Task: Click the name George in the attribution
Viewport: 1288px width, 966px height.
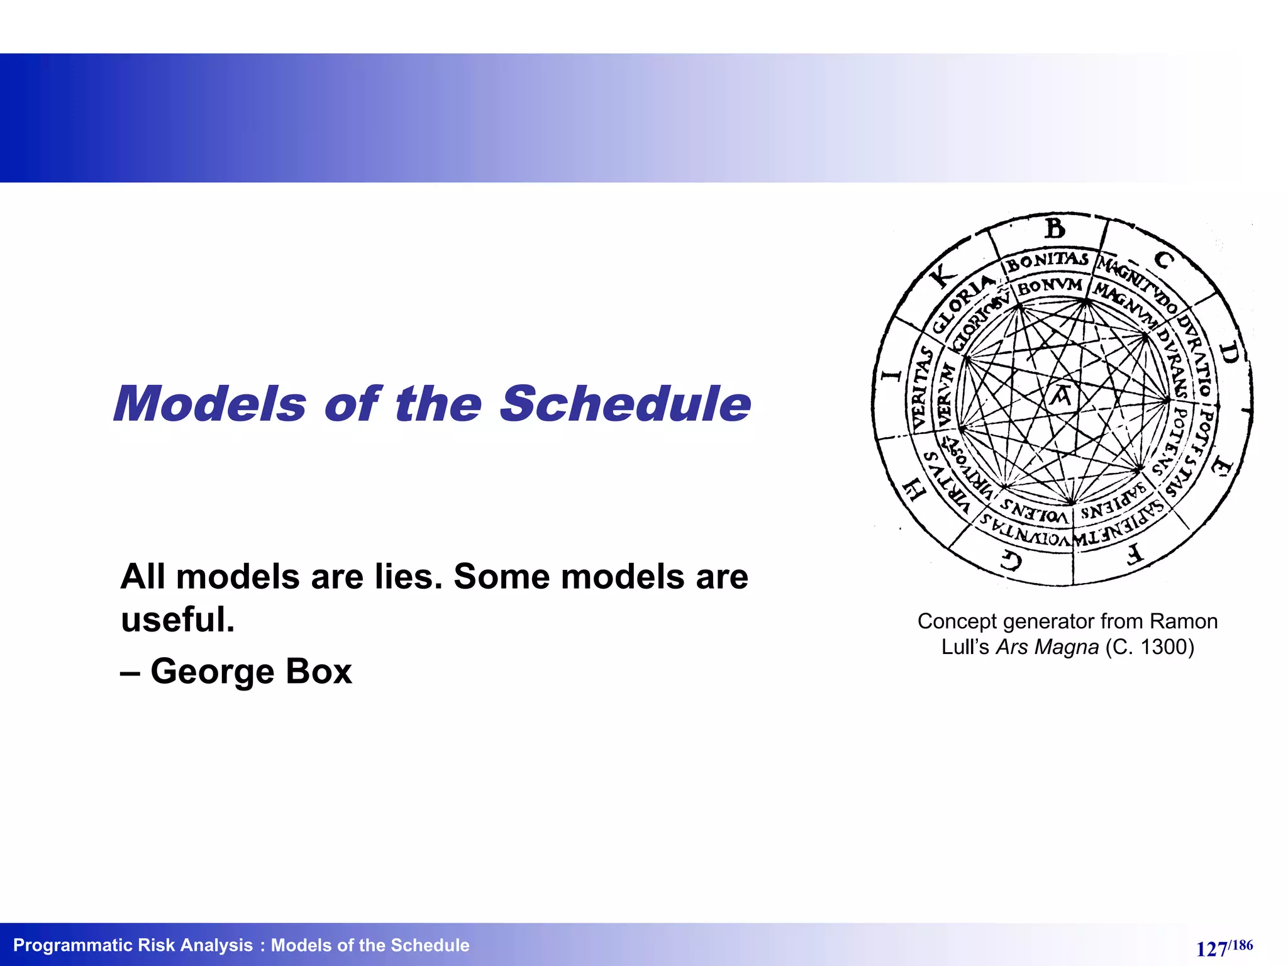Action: pyautogui.click(x=212, y=671)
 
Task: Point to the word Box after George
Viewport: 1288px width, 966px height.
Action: pyautogui.click(x=318, y=671)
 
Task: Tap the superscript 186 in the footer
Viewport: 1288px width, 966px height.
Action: pyautogui.click(x=1241, y=945)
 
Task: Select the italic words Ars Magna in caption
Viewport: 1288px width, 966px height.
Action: pyautogui.click(x=1047, y=647)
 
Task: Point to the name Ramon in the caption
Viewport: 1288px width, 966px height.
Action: pyautogui.click(x=1183, y=621)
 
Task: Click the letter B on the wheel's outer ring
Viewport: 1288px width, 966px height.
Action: pyautogui.click(x=1055, y=229)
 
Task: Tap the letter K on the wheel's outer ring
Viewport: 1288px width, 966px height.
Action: pyautogui.click(x=943, y=275)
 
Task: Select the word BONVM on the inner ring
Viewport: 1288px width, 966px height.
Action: pyautogui.click(x=1050, y=287)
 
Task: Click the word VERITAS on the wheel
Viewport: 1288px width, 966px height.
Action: pyautogui.click(x=921, y=388)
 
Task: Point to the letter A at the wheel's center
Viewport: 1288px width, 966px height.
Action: pyautogui.click(x=1062, y=396)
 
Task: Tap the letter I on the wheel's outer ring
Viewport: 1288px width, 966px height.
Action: pyautogui.click(x=891, y=375)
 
